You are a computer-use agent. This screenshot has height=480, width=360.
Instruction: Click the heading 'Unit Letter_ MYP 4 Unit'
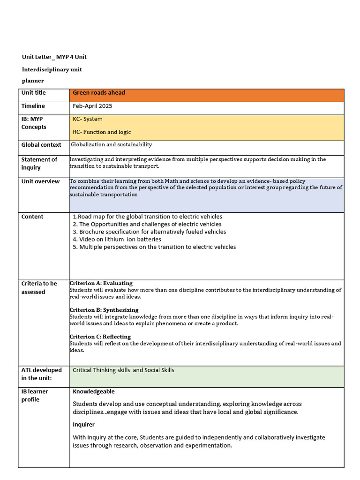(54, 57)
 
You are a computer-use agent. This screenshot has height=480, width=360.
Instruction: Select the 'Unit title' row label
(34, 93)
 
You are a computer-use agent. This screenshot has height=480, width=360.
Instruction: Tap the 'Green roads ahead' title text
(99, 93)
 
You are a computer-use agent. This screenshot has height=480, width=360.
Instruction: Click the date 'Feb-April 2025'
(92, 106)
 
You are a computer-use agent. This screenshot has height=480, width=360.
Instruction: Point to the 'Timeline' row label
(33, 106)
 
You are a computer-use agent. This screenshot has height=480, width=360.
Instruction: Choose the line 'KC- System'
(88, 119)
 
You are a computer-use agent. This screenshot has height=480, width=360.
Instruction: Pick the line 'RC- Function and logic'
(102, 132)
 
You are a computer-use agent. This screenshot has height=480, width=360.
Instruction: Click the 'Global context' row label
(41, 145)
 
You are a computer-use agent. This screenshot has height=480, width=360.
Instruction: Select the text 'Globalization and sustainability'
(111, 145)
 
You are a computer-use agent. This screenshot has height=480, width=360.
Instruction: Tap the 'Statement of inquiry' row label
(39, 163)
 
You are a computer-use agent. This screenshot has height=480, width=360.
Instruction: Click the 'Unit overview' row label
(40, 181)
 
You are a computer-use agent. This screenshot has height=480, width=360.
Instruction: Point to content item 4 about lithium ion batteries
(117, 240)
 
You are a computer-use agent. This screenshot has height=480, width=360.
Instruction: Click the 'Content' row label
(32, 217)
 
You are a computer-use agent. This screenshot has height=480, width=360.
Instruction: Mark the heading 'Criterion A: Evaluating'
(101, 283)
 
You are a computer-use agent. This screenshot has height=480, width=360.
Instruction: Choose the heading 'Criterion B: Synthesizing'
(104, 310)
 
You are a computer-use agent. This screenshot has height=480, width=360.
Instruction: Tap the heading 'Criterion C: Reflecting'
(100, 337)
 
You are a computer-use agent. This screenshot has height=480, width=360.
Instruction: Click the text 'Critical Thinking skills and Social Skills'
(123, 370)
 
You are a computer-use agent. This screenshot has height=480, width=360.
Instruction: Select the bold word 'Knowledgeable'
(94, 391)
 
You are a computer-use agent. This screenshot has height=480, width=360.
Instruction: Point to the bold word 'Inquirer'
(84, 425)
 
